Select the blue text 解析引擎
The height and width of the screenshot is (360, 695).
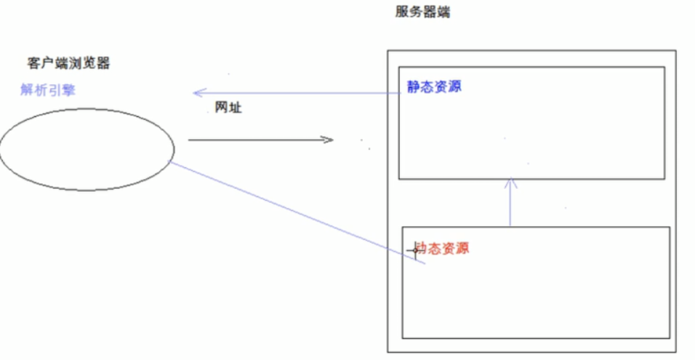[47, 91]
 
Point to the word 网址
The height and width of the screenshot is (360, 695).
[228, 108]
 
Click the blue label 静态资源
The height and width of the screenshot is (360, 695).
[434, 87]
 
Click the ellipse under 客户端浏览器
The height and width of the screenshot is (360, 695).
[87, 148]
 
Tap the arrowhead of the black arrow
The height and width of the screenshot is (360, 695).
[329, 140]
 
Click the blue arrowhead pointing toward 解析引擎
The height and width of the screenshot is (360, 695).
[196, 92]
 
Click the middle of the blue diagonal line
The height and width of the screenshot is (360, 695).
[297, 214]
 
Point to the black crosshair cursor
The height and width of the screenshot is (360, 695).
[415, 250]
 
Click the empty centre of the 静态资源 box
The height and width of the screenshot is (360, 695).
[531, 131]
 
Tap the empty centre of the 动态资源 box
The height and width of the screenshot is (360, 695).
[536, 291]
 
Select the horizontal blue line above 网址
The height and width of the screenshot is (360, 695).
[298, 93]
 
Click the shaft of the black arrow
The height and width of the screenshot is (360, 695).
[254, 140]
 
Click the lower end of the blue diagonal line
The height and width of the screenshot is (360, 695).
[424, 265]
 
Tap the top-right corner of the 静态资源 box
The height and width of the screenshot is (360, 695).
[664, 68]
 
